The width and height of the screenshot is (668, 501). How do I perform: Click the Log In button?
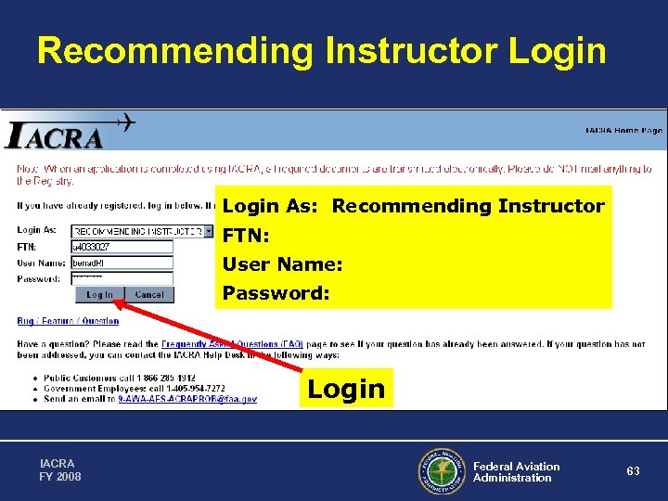(x=99, y=295)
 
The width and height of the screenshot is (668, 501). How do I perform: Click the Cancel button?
(x=148, y=295)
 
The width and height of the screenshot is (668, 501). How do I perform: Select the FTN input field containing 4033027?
(x=122, y=247)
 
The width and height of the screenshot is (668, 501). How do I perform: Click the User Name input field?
(x=122, y=263)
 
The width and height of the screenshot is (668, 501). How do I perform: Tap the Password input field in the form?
(x=122, y=278)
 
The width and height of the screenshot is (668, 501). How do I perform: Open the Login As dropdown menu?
(x=209, y=231)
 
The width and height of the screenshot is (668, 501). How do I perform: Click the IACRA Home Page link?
(x=623, y=131)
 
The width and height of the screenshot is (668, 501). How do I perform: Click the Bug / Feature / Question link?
(x=68, y=321)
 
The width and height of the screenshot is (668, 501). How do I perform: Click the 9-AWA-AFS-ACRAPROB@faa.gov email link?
(x=187, y=399)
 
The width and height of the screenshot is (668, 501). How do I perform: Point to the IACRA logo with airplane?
(x=70, y=133)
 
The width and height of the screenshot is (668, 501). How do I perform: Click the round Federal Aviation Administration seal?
(x=440, y=471)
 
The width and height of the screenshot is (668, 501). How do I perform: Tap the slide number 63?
(x=633, y=471)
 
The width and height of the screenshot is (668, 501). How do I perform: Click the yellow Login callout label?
(x=346, y=388)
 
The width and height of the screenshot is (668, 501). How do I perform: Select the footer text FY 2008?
(x=61, y=477)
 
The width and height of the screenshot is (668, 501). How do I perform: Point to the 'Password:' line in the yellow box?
(x=276, y=293)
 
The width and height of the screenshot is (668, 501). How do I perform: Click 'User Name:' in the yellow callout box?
(x=283, y=264)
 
